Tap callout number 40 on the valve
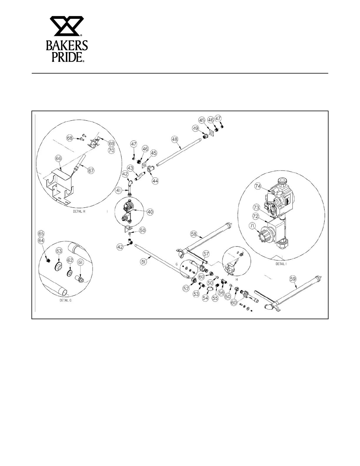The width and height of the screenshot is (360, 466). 150,212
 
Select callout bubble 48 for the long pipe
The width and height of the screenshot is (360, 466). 175,139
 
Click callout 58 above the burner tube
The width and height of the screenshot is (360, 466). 193,234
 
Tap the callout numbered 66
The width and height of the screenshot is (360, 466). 59,159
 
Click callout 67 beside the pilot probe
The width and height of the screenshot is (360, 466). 91,170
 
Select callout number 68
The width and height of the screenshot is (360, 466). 70,138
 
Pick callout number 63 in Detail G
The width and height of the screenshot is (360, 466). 59,251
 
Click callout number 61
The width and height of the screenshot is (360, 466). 81,262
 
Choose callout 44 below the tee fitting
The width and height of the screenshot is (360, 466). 155,181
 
